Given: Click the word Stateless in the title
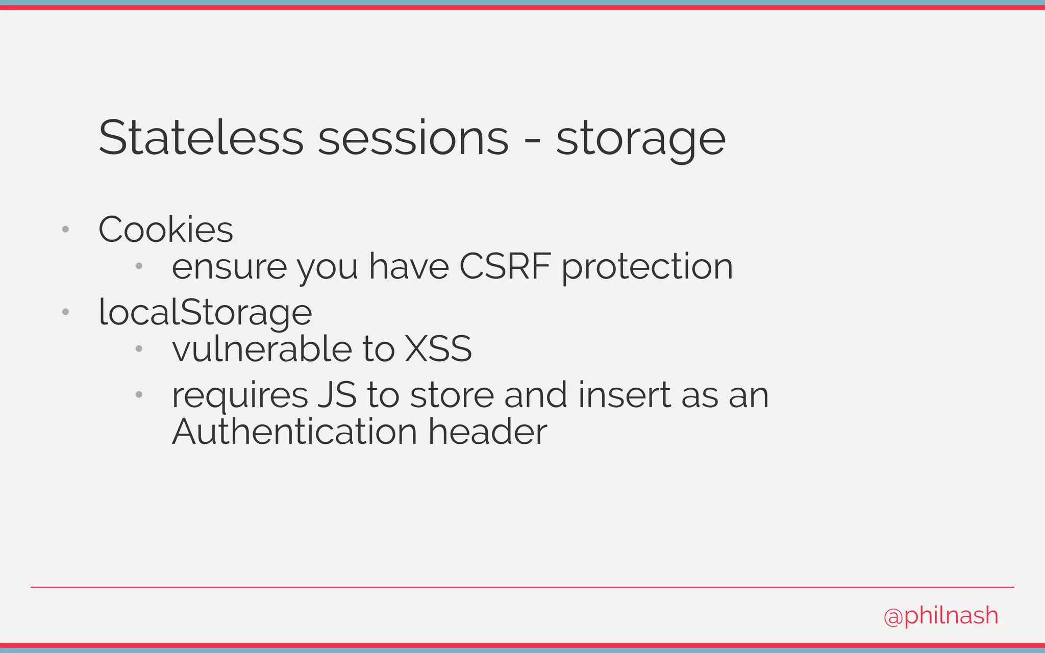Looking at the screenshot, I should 201,138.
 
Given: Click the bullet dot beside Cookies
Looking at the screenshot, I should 65,230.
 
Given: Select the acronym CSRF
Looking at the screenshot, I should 505,266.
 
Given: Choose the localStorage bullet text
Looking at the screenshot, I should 205,312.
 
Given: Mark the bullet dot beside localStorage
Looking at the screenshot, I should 65,312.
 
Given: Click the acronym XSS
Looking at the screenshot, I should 438,349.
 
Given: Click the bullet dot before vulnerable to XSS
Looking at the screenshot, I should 139,349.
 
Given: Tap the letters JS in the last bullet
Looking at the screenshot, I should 337,395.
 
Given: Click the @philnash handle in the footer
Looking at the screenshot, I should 941,616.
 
